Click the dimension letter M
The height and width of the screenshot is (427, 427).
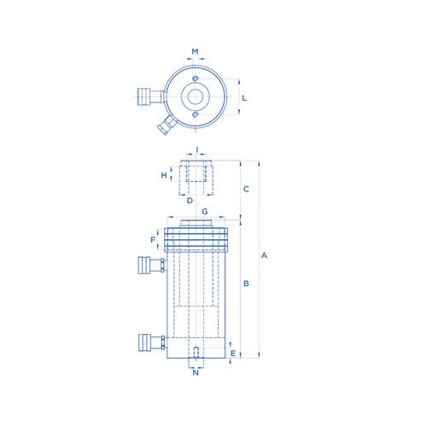(195, 51)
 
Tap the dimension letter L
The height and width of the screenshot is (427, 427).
(244, 98)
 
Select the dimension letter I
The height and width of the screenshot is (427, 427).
(197, 149)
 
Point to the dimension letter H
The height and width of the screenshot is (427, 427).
(164, 175)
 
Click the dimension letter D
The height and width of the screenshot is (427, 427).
(190, 201)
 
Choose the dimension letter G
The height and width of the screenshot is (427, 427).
(205, 212)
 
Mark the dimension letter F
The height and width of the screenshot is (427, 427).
(153, 240)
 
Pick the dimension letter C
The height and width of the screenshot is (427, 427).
(246, 189)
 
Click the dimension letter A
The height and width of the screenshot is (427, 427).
(264, 255)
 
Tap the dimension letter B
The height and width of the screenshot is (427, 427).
(246, 284)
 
